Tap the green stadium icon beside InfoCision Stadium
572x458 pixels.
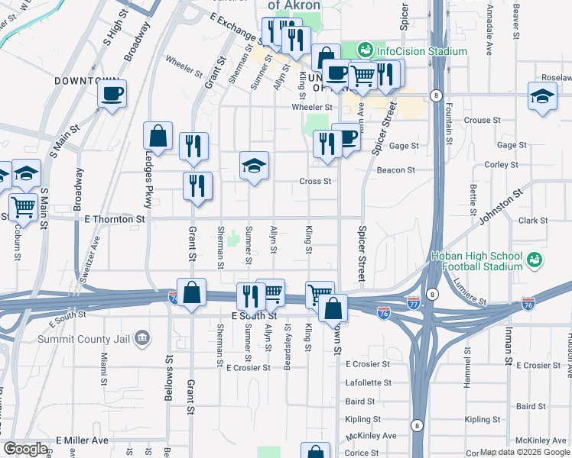pyautogui.click(x=365, y=50)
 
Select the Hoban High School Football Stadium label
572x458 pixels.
pyautogui.click(x=476, y=261)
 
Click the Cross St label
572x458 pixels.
pyautogui.click(x=315, y=182)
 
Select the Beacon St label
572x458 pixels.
pyautogui.click(x=395, y=170)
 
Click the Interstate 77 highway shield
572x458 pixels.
pyautogui.click(x=414, y=302)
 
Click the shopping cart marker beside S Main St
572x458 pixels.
pyautogui.click(x=24, y=205)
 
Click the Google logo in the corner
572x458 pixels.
pyautogui.click(x=24, y=449)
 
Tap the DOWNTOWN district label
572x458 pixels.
pyautogui.click(x=86, y=80)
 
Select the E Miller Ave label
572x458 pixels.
pyautogui.click(x=82, y=441)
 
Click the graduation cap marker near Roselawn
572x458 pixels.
pyautogui.click(x=542, y=96)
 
